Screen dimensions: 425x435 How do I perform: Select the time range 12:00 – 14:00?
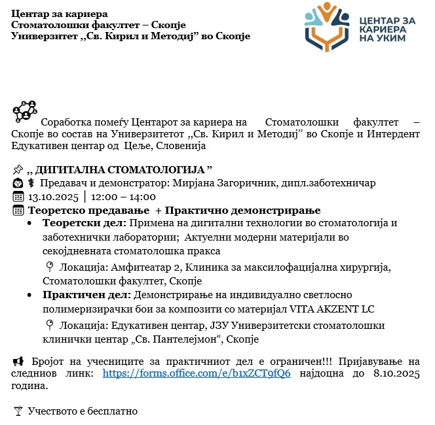coord(124,197)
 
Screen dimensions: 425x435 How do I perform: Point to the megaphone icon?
coord(18,361)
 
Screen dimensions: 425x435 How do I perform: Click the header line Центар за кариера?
coord(60,13)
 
